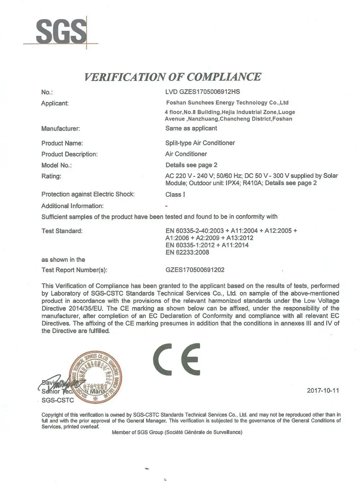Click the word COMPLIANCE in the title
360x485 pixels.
[224, 77]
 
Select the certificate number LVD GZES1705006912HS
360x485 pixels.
[202, 92]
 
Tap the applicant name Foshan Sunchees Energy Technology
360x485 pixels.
[227, 103]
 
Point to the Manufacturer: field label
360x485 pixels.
[60, 128]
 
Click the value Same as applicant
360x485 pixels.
[191, 128]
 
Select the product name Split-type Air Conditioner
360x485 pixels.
[200, 143]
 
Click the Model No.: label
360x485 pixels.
[57, 165]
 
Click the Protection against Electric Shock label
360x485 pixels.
[88, 194]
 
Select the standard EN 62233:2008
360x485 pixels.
[187, 252]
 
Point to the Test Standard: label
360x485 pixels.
[62, 231]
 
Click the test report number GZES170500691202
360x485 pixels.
[195, 270]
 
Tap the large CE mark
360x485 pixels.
[176, 359]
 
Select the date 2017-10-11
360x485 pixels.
[323, 390]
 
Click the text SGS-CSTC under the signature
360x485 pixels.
[58, 400]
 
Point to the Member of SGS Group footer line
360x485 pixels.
[177, 432]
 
